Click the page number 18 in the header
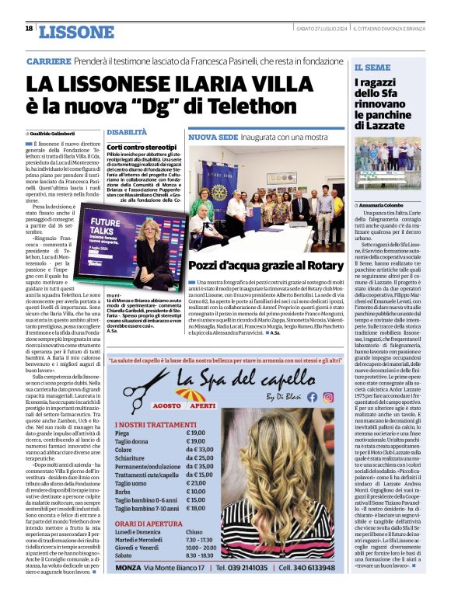(29, 29)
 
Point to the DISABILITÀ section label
(126, 133)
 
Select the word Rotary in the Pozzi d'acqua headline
(318, 265)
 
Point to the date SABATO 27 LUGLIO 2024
(322, 29)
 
